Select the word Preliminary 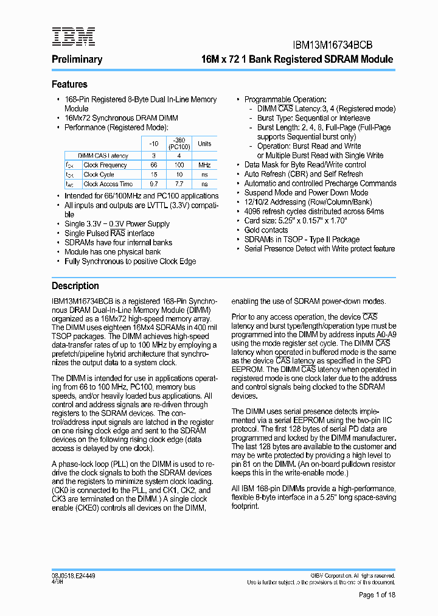77,60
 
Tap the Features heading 69,85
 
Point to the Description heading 75,285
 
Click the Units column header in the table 204,144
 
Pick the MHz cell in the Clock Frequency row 204,165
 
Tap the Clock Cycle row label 99,175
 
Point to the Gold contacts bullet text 266,230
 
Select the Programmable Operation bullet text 285,99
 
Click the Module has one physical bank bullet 113,252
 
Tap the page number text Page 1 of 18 377,595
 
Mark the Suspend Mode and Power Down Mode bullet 306,193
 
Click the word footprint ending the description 245,506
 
